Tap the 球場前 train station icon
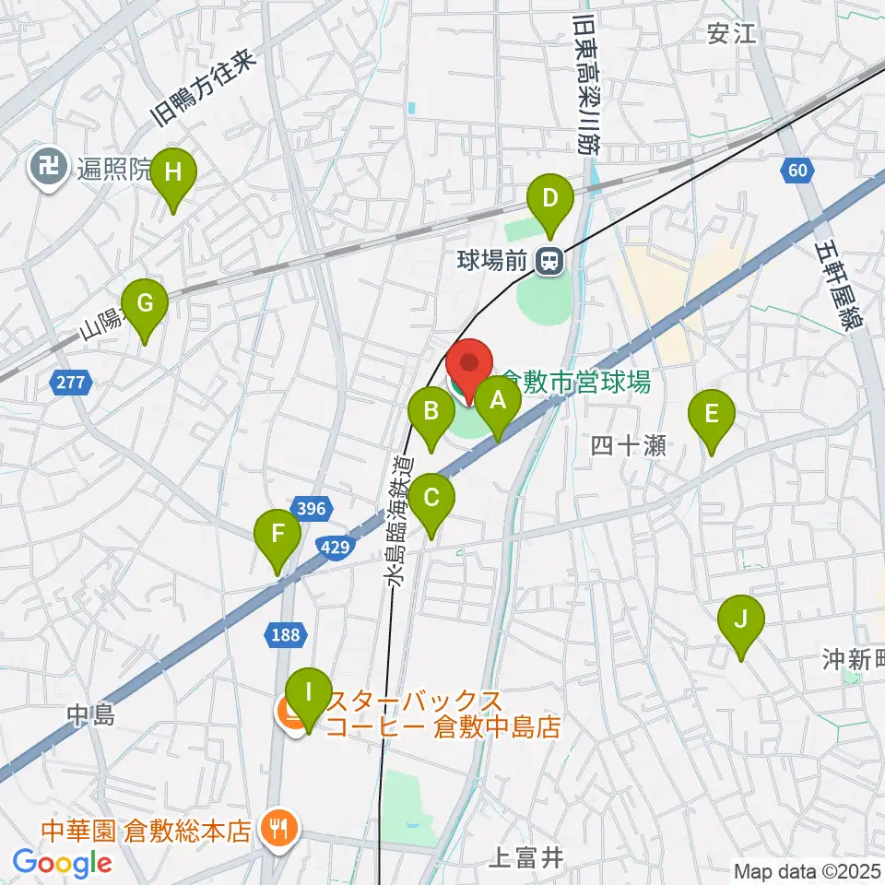(x=549, y=263)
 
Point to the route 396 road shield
(x=310, y=507)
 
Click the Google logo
(x=63, y=864)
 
